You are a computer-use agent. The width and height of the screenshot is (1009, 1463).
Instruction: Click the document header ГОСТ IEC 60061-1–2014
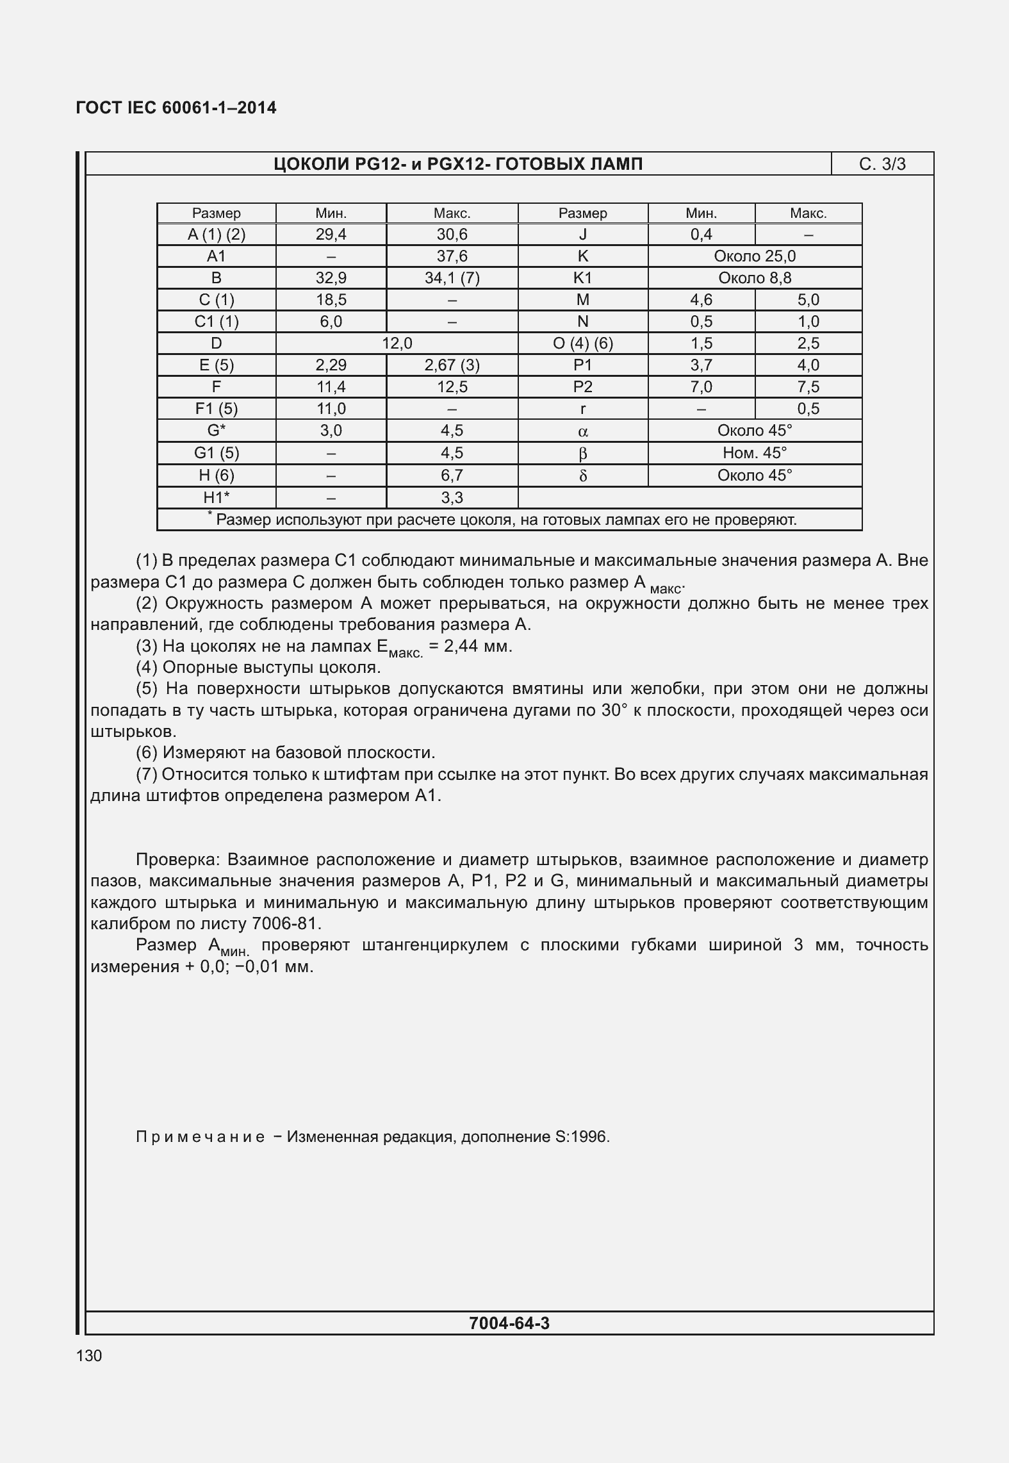(176, 108)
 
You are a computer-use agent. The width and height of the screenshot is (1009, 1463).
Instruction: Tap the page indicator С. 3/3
(882, 164)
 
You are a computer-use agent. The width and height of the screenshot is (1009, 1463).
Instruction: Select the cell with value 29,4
(331, 235)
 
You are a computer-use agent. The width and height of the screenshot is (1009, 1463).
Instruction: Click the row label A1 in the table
(216, 256)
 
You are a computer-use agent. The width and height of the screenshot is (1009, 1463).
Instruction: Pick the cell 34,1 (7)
(452, 278)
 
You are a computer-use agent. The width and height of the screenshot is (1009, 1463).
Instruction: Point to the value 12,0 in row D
(397, 343)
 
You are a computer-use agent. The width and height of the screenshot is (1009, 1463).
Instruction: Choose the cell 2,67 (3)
(452, 365)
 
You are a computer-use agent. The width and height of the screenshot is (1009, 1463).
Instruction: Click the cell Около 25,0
(755, 256)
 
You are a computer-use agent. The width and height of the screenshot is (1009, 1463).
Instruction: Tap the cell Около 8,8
(755, 278)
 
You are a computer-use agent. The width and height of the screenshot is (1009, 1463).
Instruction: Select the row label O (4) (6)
(582, 343)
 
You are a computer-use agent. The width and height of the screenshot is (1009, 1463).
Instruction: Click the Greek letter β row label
(582, 454)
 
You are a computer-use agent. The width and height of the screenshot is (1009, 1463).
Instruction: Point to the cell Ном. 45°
(755, 453)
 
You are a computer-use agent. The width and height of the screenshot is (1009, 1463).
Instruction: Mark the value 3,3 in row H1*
(452, 498)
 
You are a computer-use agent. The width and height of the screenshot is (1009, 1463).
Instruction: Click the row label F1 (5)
(216, 409)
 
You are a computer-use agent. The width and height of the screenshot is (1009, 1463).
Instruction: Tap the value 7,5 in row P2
(808, 387)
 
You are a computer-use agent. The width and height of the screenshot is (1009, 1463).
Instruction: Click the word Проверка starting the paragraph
(177, 859)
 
